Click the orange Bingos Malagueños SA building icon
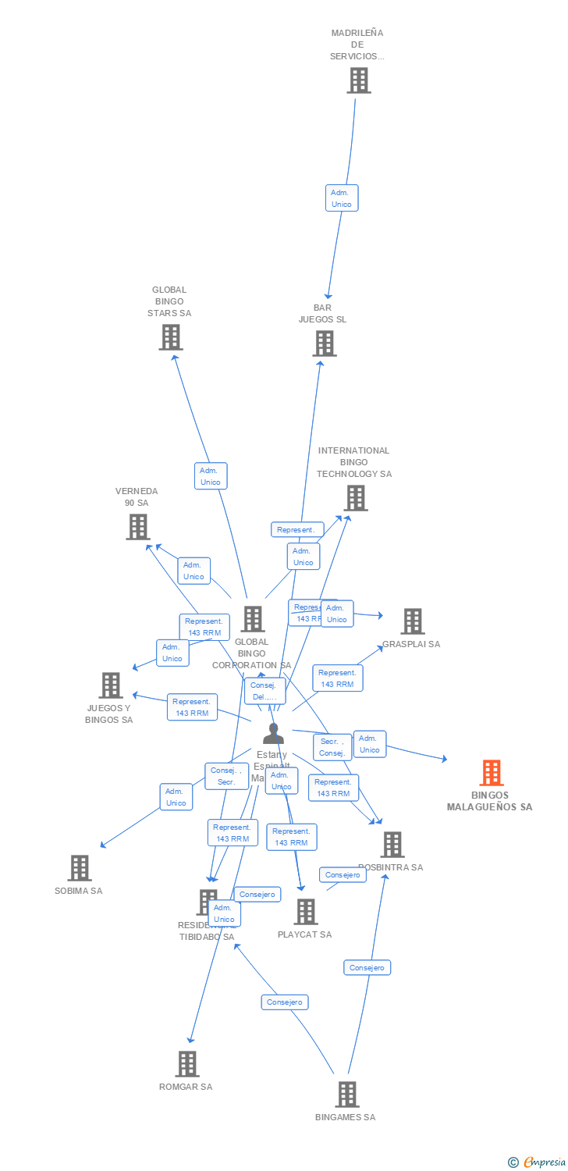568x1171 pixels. [491, 773]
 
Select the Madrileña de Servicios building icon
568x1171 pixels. [358, 80]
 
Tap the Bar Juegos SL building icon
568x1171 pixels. [325, 343]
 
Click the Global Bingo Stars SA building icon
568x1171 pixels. [170, 337]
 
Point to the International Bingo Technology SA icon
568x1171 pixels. [355, 498]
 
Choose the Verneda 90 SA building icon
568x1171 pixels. [137, 527]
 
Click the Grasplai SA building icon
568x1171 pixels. [412, 621]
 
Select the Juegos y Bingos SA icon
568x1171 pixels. [111, 685]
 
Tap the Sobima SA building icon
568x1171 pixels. [79, 867]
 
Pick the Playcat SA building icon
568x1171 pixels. [306, 911]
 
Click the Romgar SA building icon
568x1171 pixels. [186, 1063]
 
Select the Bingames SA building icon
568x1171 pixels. [346, 1094]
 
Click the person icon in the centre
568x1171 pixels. [273, 734]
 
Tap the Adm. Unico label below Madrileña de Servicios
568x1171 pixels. [342, 198]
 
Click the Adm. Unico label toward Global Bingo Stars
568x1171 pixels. [211, 476]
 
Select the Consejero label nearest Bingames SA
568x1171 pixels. [367, 967]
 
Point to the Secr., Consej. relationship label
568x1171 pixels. [332, 747]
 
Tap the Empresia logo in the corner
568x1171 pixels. [538, 1162]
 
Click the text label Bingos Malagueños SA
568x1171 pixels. [490, 801]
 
